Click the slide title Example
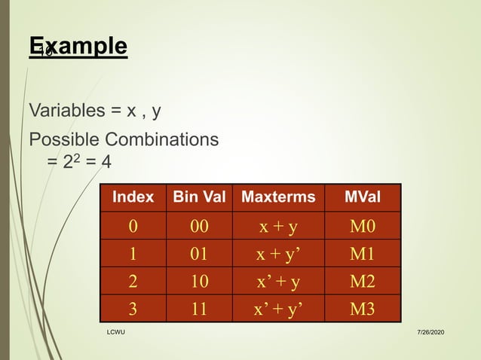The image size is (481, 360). pos(78,46)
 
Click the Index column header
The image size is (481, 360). pos(133,197)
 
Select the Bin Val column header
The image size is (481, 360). pos(199,197)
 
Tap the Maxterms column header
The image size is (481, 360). pos(278,197)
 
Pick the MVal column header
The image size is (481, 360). pos(362,197)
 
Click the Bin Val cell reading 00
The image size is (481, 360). pos(199,226)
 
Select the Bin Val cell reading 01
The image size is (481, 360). pos(199,253)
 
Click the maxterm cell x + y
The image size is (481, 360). pos(278,226)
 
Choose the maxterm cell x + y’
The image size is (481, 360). pos(278,253)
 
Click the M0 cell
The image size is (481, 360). pos(362,226)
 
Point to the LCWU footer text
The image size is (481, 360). pos(115,332)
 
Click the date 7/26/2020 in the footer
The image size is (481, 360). pos(430,332)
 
